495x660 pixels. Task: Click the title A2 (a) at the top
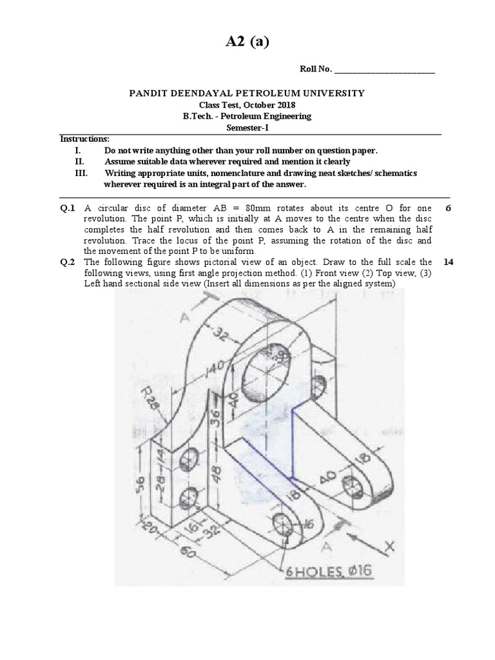coord(247,43)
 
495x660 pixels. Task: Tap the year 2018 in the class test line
coord(287,105)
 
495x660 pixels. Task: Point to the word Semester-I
coord(247,128)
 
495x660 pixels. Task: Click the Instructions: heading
coord(84,139)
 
